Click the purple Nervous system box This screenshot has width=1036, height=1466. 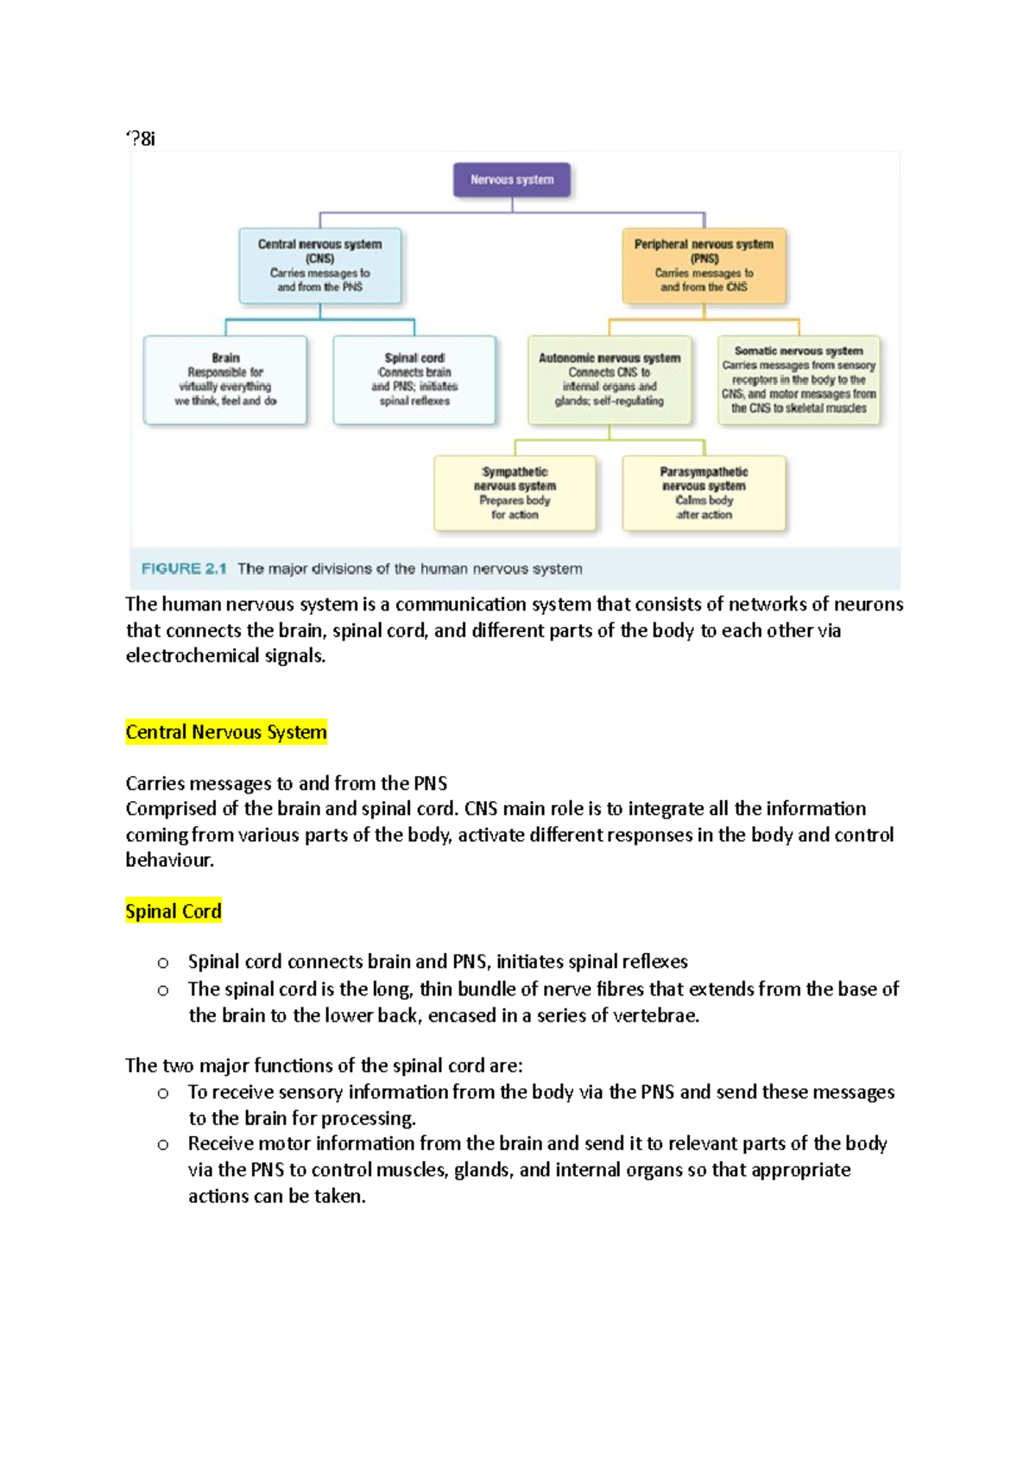coord(512,180)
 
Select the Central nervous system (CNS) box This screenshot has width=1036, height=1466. coord(319,265)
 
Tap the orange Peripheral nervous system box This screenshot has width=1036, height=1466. coord(704,265)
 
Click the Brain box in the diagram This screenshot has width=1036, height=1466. coord(225,379)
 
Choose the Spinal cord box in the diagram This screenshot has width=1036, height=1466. coord(414,379)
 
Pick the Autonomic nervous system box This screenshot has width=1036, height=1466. coord(610,379)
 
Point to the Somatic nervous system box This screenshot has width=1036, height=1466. coord(799,379)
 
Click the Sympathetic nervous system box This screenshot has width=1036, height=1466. coord(515,493)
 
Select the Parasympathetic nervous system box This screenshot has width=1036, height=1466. coord(704,493)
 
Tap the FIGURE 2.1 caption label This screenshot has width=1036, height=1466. coord(184,569)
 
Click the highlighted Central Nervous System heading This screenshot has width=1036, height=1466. coord(226,732)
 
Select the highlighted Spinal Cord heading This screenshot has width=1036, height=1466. coord(174,911)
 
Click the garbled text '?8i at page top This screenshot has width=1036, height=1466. coord(141,138)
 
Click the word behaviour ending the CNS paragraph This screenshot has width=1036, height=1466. coord(169,860)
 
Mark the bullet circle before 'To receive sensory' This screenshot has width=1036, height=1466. coord(163,1093)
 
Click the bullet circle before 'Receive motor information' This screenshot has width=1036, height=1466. coord(163,1145)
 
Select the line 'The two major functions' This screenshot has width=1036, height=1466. coord(324,1065)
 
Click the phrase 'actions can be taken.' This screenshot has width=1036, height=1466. coord(277,1196)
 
